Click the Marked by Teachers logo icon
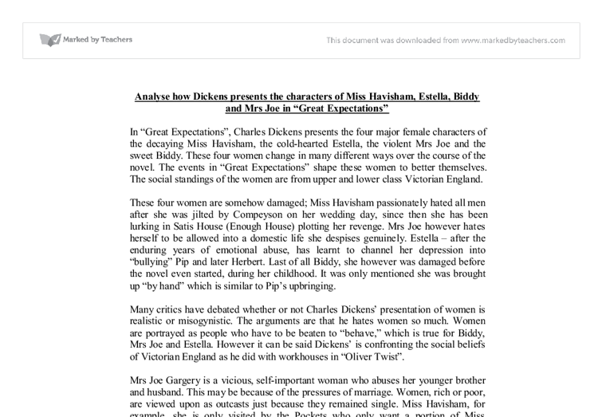50,40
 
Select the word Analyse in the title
155,96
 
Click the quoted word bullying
155,262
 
